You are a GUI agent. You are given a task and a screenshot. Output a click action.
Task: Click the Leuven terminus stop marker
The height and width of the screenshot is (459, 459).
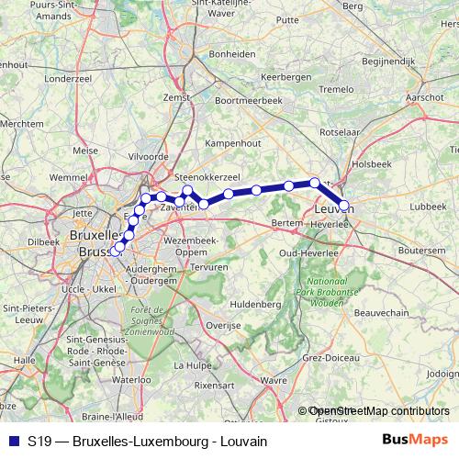344,206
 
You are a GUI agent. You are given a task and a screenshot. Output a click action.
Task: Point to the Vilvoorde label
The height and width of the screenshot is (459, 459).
149,157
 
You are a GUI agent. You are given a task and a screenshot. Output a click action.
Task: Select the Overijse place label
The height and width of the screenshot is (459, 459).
223,325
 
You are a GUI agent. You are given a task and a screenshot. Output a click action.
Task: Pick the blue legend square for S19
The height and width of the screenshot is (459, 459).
13,440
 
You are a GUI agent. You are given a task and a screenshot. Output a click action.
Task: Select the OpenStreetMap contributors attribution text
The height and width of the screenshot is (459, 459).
378,411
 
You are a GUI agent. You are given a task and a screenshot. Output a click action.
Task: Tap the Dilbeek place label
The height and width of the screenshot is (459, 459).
43,241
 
